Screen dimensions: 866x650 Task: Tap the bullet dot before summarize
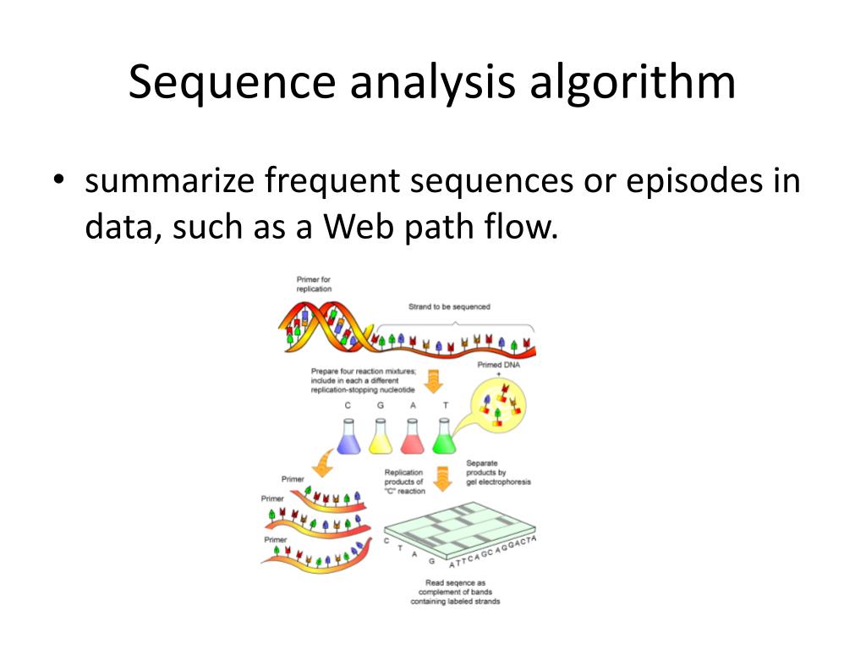(58, 183)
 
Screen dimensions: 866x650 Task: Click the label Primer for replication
(314, 284)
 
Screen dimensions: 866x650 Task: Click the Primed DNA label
(498, 365)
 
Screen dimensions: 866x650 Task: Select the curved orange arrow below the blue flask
(323, 464)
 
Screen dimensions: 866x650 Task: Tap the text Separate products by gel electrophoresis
(498, 472)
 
